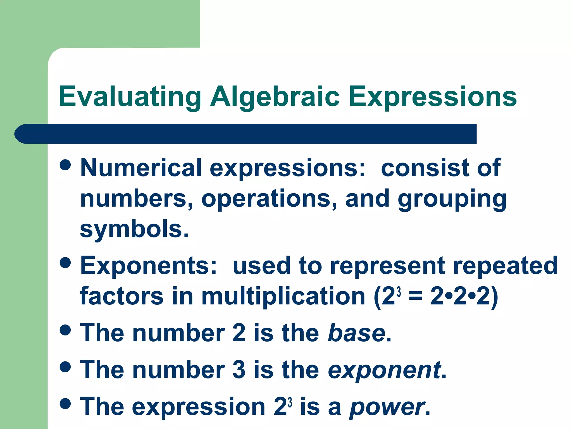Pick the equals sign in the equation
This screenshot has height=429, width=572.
(x=415, y=297)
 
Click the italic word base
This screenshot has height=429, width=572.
(x=356, y=333)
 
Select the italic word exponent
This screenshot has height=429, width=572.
(x=384, y=370)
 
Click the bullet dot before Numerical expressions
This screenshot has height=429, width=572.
(x=65, y=165)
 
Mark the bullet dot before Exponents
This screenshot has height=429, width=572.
(x=65, y=263)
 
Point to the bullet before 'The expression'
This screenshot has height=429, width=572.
(x=65, y=404)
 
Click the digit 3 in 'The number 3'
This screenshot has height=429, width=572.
(x=239, y=370)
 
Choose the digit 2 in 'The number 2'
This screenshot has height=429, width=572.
(x=239, y=333)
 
